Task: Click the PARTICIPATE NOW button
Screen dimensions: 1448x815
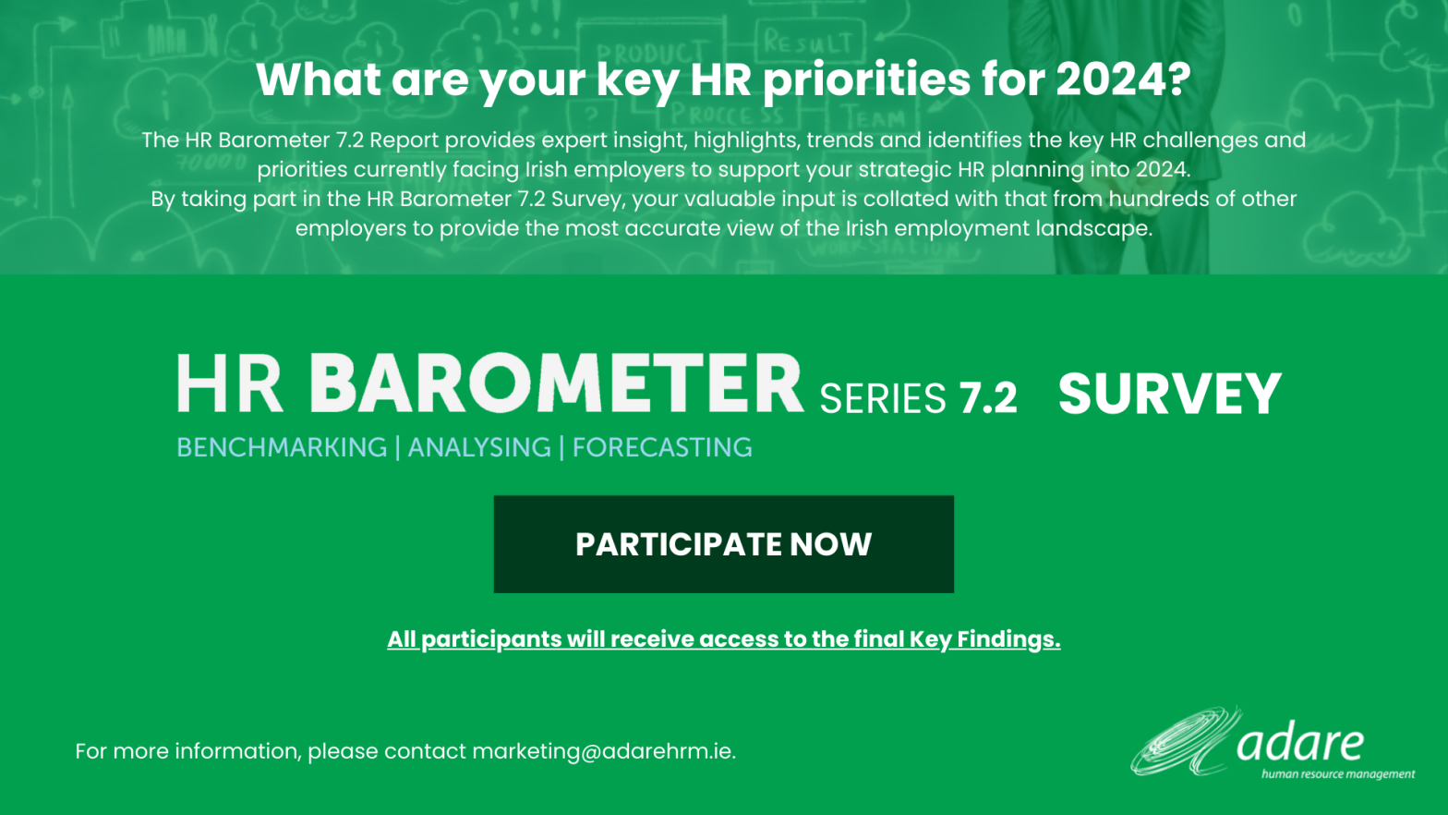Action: point(723,544)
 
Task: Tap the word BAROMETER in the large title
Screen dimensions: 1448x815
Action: point(556,383)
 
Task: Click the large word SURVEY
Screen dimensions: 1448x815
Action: point(1169,394)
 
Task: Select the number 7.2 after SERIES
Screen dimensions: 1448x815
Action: point(988,396)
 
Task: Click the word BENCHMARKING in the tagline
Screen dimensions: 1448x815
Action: point(282,447)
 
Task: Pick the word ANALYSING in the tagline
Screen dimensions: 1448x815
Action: point(479,447)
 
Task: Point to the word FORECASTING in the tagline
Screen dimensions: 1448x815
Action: point(662,447)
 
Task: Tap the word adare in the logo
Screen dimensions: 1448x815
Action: point(1300,743)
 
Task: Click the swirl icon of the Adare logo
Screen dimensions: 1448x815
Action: point(1186,743)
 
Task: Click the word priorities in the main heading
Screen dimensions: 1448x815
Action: point(867,81)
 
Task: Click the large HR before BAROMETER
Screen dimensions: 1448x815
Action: point(229,383)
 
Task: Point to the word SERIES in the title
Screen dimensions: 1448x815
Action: point(883,397)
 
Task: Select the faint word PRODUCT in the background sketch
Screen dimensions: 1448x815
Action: point(648,53)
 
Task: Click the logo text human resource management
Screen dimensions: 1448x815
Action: point(1338,774)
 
